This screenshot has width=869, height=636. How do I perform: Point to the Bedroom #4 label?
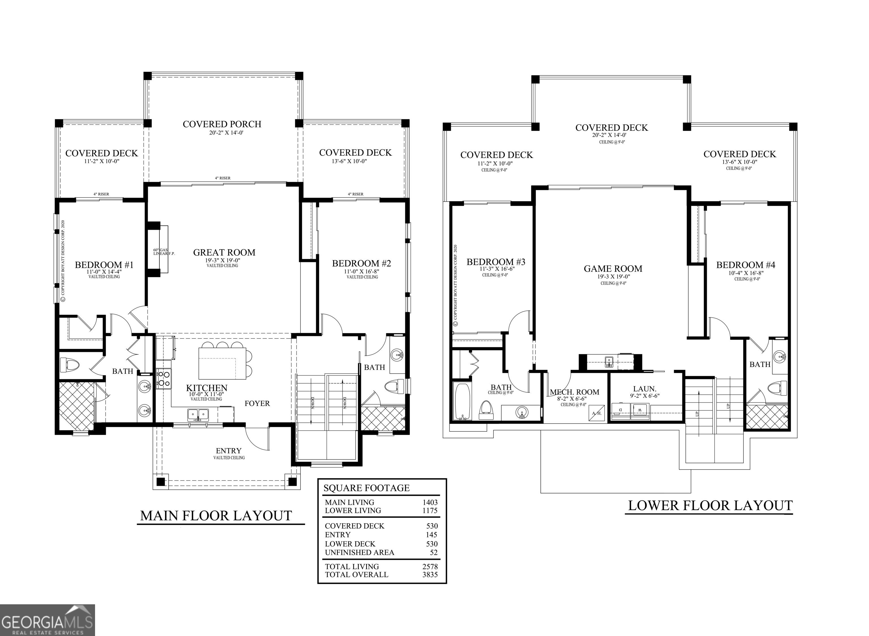click(745, 265)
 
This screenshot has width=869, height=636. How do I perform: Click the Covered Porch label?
click(222, 124)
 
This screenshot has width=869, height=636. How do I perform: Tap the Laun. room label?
click(644, 389)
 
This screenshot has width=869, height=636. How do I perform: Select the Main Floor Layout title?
click(216, 515)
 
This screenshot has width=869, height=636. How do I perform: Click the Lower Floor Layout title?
click(710, 506)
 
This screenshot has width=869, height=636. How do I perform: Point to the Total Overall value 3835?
click(430, 574)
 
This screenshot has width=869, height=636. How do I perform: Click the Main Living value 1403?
click(430, 502)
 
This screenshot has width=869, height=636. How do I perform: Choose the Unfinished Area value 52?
click(434, 553)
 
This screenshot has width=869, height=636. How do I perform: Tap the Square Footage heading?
click(366, 488)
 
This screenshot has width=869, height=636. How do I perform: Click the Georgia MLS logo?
click(47, 620)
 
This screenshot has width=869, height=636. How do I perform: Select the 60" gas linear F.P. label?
click(164, 252)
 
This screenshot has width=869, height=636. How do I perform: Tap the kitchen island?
click(222, 363)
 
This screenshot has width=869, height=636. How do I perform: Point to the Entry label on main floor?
click(229, 450)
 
